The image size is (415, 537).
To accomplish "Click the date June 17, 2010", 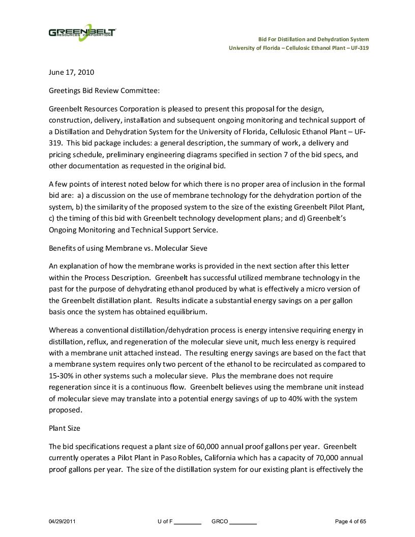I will pyautogui.click(x=71, y=72).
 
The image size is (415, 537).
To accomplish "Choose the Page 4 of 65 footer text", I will pyautogui.click(x=350, y=522).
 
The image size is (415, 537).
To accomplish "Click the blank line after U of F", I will pyautogui.click(x=188, y=523).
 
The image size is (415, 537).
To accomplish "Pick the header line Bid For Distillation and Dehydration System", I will pyautogui.click(x=313, y=39).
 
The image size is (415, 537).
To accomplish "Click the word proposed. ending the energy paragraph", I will pyautogui.click(x=65, y=410).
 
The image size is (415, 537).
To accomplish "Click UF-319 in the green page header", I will pyautogui.click(x=359, y=48).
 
